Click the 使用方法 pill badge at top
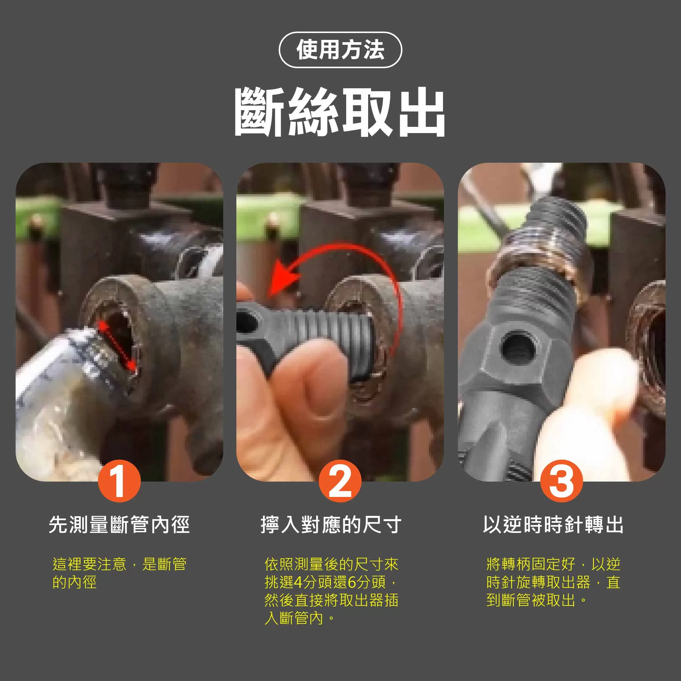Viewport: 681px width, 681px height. (x=340, y=50)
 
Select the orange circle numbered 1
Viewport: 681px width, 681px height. (x=119, y=481)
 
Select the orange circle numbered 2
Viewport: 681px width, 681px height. (x=340, y=481)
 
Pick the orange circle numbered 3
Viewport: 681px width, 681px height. (x=561, y=481)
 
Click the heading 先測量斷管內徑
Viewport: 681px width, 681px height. (x=119, y=524)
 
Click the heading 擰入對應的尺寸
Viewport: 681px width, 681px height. (x=331, y=524)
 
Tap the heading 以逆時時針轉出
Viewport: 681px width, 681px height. (x=553, y=524)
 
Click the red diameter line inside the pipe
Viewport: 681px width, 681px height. (x=117, y=346)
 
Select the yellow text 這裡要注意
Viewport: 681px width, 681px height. (x=89, y=564)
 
